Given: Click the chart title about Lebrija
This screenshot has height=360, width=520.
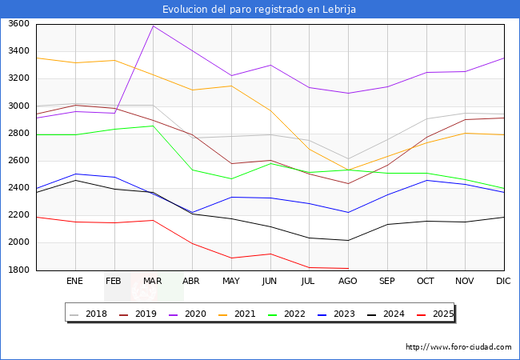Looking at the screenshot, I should click(259, 9).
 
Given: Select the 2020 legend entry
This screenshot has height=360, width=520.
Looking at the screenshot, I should click(198, 314).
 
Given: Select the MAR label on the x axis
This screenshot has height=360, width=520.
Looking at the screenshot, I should click(153, 281).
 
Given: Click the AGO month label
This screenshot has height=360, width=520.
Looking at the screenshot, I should click(348, 281).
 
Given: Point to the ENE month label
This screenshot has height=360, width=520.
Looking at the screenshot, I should click(75, 281).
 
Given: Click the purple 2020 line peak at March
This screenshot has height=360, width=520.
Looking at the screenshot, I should click(153, 26).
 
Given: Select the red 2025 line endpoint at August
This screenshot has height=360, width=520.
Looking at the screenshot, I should click(348, 269).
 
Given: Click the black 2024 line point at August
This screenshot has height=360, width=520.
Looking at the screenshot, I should click(348, 240).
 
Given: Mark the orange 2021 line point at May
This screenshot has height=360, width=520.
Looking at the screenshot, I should click(231, 86).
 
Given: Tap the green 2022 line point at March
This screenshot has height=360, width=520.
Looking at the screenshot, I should click(153, 126).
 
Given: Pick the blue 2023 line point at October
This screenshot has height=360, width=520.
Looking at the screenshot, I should click(426, 180).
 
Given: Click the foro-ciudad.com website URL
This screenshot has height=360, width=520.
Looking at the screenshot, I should click(458, 347).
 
